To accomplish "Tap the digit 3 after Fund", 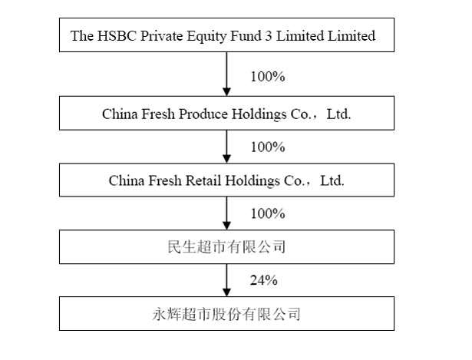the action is point(268,35).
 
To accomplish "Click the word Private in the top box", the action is point(162,35).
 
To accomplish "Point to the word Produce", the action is point(203,114).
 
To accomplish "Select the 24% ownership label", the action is point(264,280).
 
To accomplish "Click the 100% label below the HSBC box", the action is point(268,77).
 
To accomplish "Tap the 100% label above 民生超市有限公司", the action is point(268,213).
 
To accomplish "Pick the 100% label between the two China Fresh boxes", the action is point(268,147).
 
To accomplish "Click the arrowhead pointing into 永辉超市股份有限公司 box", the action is point(226,292).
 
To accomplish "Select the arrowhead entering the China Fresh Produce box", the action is point(226,92).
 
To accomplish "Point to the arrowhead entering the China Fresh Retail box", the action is point(226,159).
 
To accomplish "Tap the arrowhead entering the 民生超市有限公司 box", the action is point(226,226).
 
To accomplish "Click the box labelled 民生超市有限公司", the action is point(226,230).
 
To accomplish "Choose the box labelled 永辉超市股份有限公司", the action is point(226,297).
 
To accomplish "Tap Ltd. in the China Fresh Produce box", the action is point(339,114).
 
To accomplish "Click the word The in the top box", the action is point(82,35).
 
